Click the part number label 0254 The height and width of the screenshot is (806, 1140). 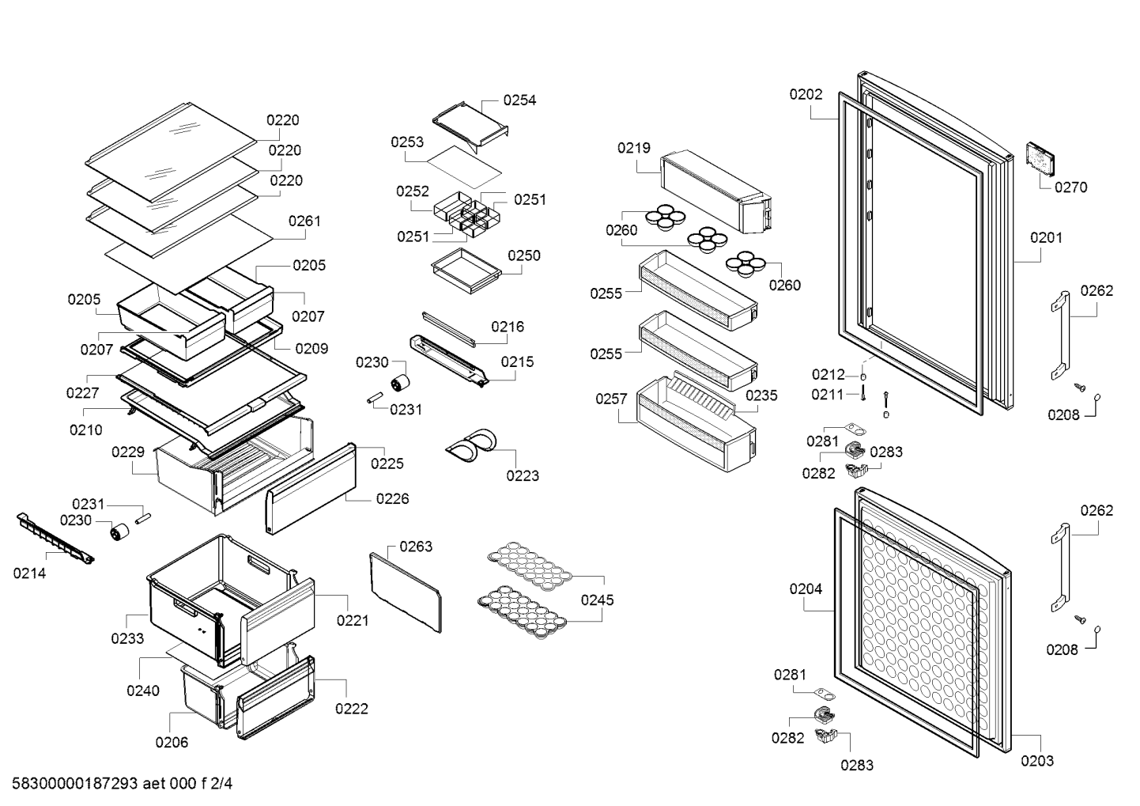519,100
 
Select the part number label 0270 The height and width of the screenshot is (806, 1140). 1070,187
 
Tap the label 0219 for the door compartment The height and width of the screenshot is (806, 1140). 633,148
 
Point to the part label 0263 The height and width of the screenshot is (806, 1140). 416,547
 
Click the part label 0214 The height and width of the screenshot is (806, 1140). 29,573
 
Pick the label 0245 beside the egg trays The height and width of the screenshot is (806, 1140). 597,600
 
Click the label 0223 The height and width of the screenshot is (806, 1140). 522,475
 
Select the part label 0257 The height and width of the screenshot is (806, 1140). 611,399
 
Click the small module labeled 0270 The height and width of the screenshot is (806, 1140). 1040,160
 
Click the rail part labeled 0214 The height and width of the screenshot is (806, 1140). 55,539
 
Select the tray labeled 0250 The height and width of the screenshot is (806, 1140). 466,271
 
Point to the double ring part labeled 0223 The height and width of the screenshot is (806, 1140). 472,445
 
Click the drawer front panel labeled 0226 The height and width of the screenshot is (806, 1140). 311,489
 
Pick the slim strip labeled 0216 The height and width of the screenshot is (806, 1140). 448,329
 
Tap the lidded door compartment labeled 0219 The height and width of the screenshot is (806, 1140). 715,191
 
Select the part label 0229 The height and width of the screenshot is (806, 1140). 128,452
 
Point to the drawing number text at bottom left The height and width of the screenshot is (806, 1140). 122,784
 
